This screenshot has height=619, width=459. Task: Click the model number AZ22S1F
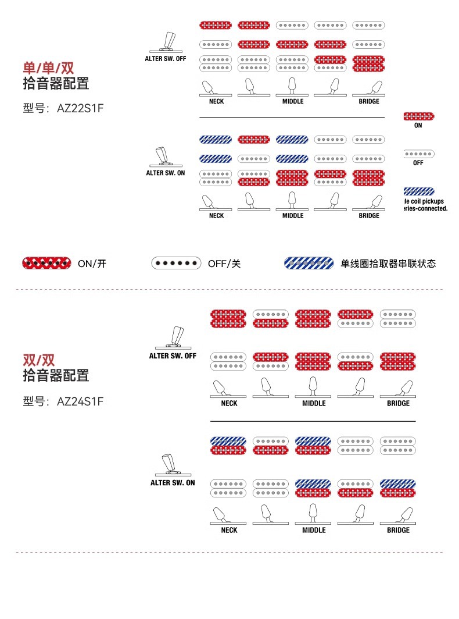pos(80,109)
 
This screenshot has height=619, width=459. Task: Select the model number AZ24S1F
pos(80,401)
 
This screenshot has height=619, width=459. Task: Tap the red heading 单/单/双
pos(48,67)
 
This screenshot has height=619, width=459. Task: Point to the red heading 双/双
pos(39,360)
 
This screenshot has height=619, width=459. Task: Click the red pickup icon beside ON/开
pos(46,263)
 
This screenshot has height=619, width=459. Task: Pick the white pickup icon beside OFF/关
pos(176,263)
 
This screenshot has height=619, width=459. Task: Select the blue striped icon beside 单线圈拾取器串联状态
pos(309,263)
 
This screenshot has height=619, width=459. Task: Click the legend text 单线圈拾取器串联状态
pos(388,264)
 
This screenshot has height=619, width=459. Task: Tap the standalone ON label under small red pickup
pos(418,126)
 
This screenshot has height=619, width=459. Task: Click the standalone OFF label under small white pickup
pos(418,163)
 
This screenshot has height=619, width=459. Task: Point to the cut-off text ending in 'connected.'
pos(426,208)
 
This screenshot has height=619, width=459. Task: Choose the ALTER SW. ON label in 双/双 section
pos(173,483)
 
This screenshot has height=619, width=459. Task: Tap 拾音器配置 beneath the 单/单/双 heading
pos(56,83)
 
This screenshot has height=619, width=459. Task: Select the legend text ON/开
pos(92,264)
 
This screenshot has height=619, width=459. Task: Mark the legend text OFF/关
pos(224,264)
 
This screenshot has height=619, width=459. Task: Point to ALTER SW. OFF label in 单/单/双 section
pos(166,59)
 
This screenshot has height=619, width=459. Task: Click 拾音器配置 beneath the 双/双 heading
pos(56,376)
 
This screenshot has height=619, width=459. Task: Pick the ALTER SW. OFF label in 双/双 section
pos(173,356)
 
